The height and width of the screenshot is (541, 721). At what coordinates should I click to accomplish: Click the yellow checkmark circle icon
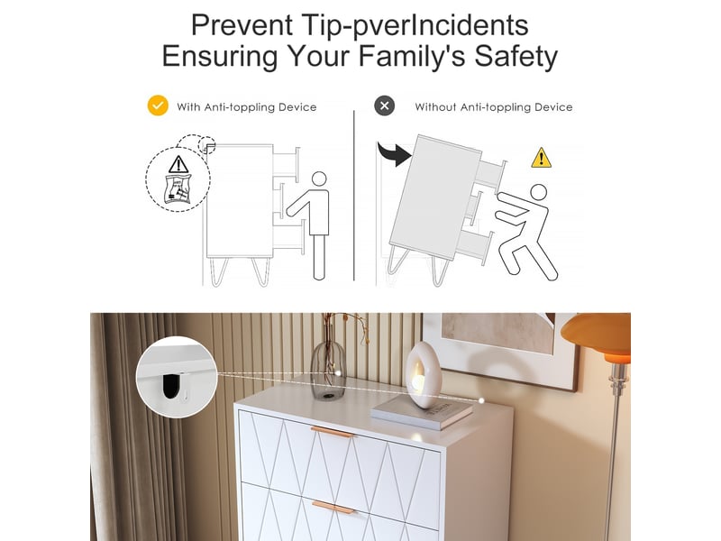tap(158, 105)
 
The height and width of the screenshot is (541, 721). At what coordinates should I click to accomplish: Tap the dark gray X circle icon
tap(385, 105)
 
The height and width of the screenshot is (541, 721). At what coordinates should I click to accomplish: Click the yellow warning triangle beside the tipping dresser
tap(542, 158)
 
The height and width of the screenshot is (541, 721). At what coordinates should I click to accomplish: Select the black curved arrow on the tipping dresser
tap(394, 153)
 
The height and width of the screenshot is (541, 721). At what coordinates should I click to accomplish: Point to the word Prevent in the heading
tap(242, 25)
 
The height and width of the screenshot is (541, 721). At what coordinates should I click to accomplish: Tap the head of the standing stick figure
tap(319, 179)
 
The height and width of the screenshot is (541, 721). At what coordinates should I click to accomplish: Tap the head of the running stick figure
tap(538, 192)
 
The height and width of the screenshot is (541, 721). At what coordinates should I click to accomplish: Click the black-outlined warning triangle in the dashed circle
tap(178, 164)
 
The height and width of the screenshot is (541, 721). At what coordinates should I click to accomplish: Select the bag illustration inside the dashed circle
tap(178, 188)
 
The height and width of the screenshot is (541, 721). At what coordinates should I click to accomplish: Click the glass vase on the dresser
tap(328, 371)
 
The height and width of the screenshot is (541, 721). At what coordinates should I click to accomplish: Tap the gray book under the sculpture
tap(422, 413)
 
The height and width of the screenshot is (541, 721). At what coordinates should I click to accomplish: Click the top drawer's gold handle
tap(333, 432)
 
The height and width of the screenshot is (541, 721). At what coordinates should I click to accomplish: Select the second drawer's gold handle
tap(333, 508)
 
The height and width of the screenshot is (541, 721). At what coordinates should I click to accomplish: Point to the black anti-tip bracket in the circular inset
tap(171, 387)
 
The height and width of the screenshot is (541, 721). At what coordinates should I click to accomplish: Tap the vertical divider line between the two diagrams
tap(354, 195)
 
